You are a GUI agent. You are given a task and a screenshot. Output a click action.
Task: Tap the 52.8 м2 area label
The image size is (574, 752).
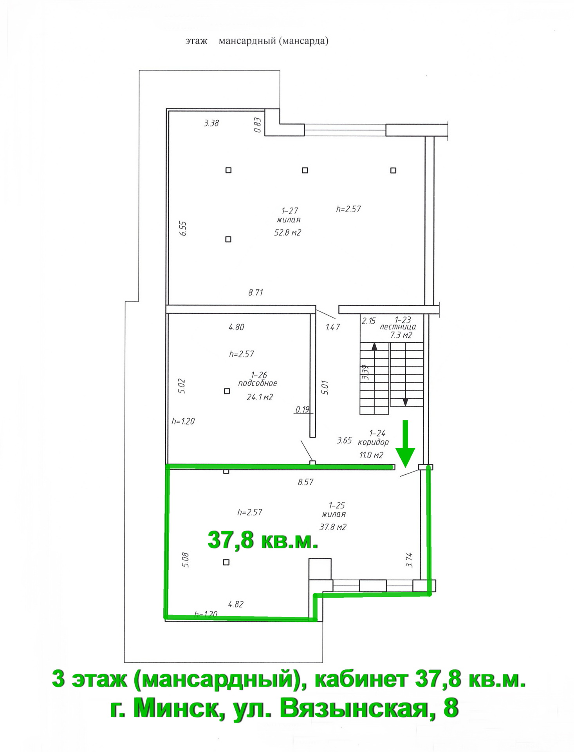point(287,233)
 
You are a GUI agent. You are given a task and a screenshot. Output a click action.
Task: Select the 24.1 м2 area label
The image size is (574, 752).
point(260,397)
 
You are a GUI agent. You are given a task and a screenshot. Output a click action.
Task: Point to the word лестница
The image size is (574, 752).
point(398,327)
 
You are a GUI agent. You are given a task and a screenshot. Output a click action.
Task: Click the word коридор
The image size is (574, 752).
point(373,442)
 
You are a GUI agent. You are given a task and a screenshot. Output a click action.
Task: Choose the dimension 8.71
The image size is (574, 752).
point(256,292)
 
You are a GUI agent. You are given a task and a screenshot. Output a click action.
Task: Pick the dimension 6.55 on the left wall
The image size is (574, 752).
point(183,228)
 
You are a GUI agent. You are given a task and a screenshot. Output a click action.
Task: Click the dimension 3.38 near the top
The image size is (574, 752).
point(211,123)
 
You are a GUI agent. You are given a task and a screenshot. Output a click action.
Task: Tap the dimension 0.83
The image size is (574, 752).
point(257,125)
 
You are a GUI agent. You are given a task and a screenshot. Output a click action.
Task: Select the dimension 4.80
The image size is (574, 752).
point(236,327)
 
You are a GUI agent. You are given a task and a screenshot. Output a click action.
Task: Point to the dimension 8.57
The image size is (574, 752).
point(305,482)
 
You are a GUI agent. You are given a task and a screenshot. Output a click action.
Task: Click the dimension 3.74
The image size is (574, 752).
point(409,560)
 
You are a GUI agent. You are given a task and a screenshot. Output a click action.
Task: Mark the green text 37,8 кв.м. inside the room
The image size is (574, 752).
point(262,540)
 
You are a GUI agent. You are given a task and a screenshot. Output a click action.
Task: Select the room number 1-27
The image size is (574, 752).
point(290,211)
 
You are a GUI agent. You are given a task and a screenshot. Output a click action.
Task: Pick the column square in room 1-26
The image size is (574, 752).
point(227,391)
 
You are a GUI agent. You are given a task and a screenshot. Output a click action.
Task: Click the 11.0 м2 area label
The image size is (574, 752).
point(371,455)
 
